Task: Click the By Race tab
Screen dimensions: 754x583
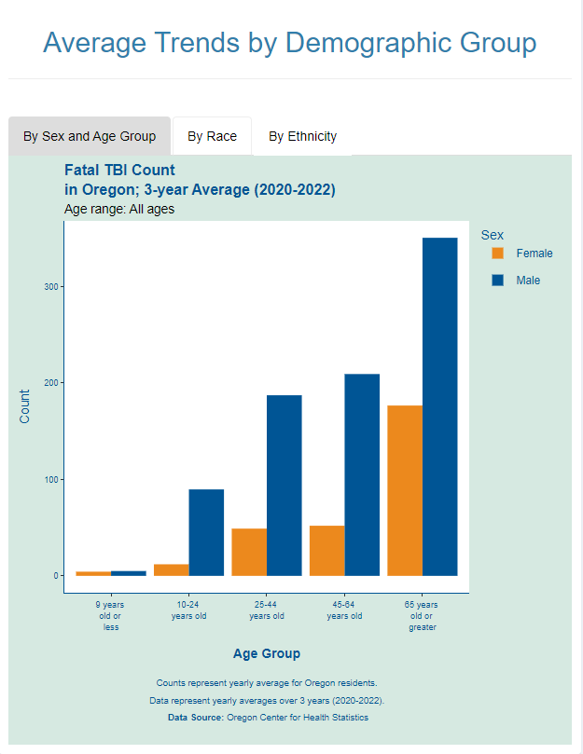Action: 212,136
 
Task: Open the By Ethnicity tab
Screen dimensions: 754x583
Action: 302,136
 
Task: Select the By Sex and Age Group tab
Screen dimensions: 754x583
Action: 90,136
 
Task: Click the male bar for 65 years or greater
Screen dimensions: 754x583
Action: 439,406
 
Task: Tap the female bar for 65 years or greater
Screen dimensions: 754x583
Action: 405,490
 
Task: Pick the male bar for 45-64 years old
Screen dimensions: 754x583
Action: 362,474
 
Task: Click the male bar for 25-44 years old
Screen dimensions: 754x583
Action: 285,485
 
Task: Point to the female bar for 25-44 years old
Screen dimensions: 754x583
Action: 249,552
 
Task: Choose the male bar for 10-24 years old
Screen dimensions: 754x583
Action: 206,532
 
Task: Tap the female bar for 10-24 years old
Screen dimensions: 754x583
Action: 172,569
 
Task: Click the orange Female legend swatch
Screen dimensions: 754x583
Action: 497,253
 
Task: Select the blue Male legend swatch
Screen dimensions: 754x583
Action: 497,280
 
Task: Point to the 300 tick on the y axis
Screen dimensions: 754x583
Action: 54,287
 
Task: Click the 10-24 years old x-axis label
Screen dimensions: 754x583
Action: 188,610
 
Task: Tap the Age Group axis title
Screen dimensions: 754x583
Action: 266,653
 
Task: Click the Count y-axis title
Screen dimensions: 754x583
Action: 25,405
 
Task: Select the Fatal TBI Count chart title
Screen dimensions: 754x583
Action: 119,170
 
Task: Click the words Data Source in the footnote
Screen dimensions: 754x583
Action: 195,718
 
